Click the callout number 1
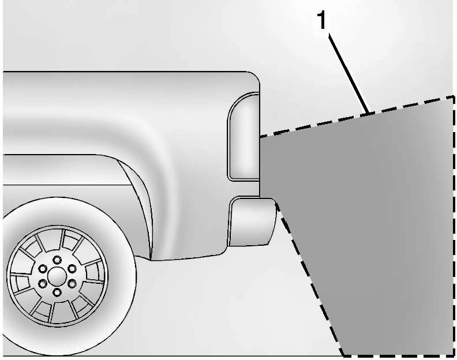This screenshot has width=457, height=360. pyautogui.click(x=321, y=20)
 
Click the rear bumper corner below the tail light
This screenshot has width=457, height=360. pyautogui.click(x=252, y=222)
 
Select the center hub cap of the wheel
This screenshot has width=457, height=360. pyautogui.click(x=57, y=276)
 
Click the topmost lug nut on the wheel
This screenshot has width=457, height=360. pyautogui.click(x=57, y=260)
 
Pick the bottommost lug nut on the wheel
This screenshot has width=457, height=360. pyautogui.click(x=57, y=292)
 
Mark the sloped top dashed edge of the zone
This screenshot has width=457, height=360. pyautogui.click(x=357, y=117)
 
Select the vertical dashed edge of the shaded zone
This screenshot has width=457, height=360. pyautogui.click(x=454, y=226)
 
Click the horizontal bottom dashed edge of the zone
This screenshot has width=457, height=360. pyautogui.click(x=398, y=355)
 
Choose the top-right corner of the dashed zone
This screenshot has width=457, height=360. pyautogui.click(x=454, y=97)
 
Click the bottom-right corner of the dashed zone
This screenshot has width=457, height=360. pyautogui.click(x=454, y=355)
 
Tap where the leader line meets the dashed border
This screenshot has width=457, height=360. pyautogui.click(x=369, y=113)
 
